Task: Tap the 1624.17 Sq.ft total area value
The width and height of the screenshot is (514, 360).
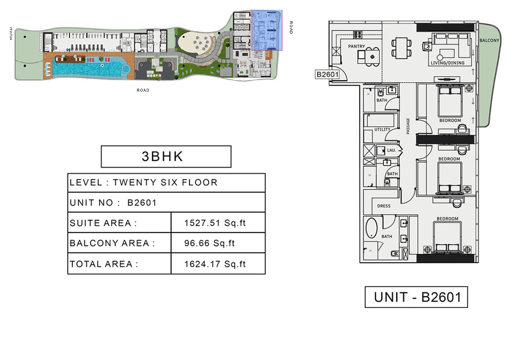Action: coord(215,264)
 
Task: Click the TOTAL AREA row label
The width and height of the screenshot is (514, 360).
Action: coord(104,264)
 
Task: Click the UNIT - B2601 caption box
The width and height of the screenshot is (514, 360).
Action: coord(416,297)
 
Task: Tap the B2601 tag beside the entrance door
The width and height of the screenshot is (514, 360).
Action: coord(327,75)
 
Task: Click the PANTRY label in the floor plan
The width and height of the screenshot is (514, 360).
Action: coord(356,47)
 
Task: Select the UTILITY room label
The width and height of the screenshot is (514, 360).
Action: coord(382,130)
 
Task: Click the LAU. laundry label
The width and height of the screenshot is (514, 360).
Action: coord(391,151)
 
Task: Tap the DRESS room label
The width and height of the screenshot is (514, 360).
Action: coord(383,206)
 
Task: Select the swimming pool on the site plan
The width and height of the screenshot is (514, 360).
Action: coord(87,68)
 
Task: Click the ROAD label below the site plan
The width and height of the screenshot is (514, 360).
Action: coord(143,91)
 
